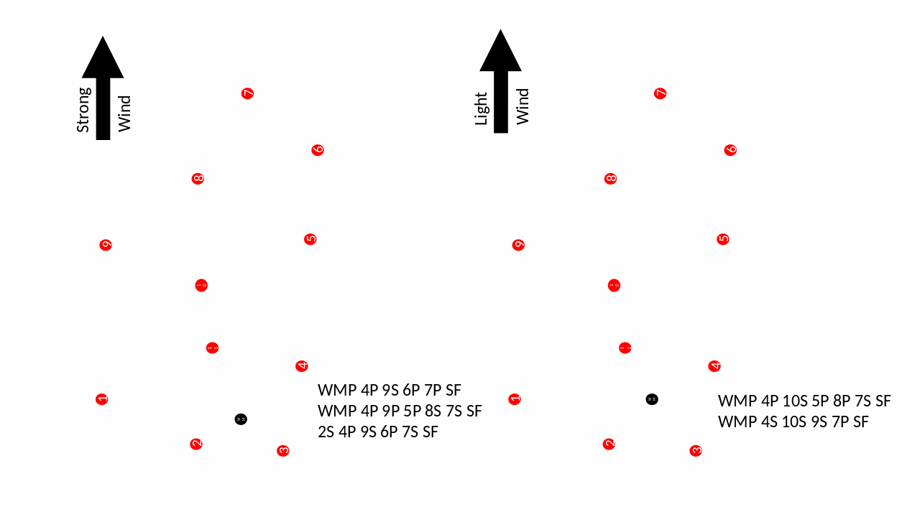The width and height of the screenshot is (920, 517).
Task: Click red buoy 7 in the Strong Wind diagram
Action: click(x=247, y=93)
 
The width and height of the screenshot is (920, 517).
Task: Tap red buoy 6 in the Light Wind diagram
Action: click(x=730, y=150)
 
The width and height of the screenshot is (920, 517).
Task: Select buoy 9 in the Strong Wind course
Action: click(x=106, y=245)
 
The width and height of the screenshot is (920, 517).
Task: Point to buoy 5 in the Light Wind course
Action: click(x=723, y=239)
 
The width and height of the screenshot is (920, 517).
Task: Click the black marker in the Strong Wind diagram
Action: click(x=241, y=419)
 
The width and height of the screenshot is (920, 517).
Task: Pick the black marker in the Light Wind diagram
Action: click(x=652, y=399)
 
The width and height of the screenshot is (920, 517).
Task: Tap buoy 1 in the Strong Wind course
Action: click(x=102, y=399)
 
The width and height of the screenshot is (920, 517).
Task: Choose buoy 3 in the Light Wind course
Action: click(x=696, y=451)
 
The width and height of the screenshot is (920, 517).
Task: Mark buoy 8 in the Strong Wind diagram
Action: click(x=198, y=179)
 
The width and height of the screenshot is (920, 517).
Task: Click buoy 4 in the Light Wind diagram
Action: click(x=714, y=366)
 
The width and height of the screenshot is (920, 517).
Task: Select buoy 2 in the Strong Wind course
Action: click(x=196, y=444)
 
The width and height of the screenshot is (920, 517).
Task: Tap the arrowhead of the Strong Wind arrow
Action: click(x=103, y=59)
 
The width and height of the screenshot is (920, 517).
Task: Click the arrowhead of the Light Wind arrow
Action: click(x=500, y=52)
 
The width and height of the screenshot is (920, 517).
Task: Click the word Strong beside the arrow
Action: click(x=83, y=110)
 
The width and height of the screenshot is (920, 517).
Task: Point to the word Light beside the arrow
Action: click(x=481, y=108)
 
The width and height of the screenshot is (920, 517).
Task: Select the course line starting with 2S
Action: click(x=377, y=432)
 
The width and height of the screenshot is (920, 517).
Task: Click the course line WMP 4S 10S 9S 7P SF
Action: click(x=793, y=421)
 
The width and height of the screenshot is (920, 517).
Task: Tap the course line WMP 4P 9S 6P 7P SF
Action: click(x=389, y=390)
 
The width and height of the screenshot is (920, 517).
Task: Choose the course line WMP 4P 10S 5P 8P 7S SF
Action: click(x=804, y=401)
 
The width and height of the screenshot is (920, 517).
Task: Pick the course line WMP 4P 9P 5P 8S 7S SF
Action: click(x=400, y=411)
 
